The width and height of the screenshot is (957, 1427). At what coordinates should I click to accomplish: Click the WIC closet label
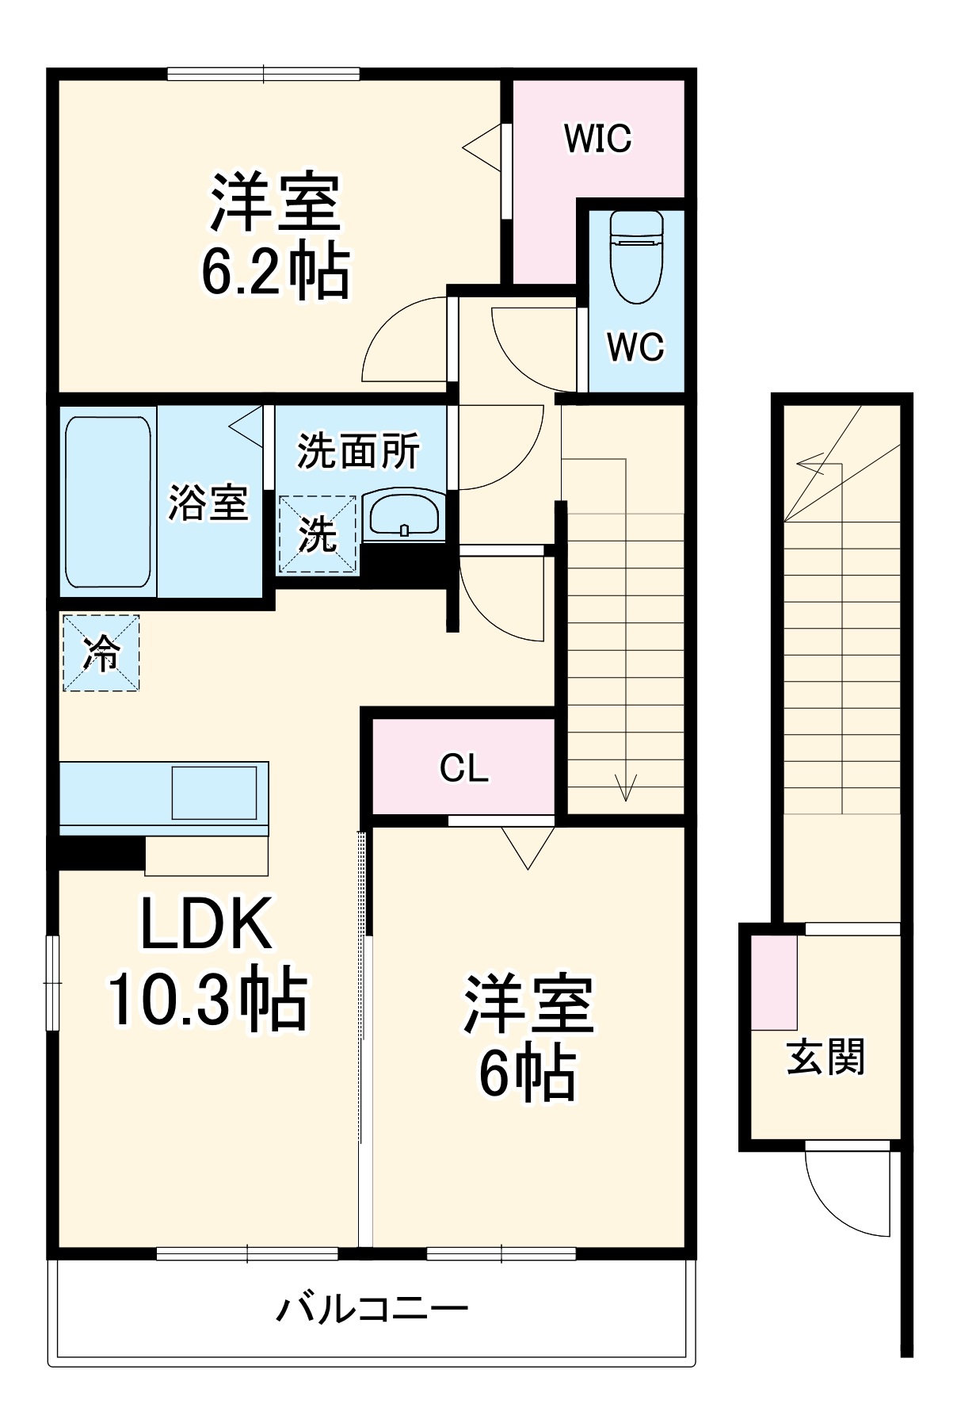[x=597, y=139]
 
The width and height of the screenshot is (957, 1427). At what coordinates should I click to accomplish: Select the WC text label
[x=635, y=346]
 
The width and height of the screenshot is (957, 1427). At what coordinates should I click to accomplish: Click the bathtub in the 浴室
[x=108, y=502]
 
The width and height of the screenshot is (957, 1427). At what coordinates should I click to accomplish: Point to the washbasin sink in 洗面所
[x=404, y=516]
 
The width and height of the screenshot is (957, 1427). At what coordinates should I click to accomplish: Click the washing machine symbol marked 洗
[x=317, y=534]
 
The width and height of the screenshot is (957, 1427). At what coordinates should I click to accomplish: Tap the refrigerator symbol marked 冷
[x=101, y=653]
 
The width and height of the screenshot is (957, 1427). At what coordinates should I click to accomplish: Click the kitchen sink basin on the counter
[x=214, y=792]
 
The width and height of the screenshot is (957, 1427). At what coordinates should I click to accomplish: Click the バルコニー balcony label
[x=372, y=1309]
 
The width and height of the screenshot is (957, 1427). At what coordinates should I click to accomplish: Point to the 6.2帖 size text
[x=275, y=272]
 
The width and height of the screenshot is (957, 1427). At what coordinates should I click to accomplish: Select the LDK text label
[x=207, y=924]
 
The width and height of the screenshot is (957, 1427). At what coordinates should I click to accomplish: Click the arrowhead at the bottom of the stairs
[x=626, y=788]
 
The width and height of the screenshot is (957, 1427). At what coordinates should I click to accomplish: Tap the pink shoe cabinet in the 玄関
[x=774, y=982]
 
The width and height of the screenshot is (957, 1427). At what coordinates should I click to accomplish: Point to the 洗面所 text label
[x=358, y=452]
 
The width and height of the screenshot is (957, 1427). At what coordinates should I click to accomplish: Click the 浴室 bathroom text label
[x=208, y=503]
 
